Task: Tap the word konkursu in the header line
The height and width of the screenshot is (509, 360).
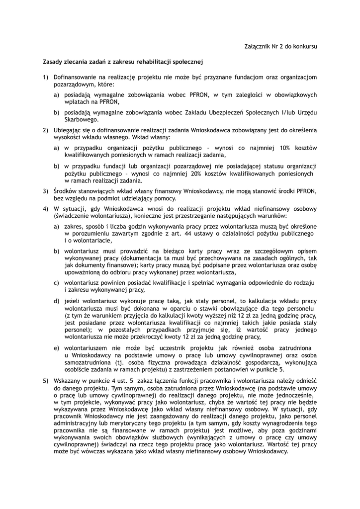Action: point(304,46)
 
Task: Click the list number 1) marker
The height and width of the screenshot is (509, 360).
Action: point(45,78)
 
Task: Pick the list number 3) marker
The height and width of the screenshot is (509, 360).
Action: point(45,191)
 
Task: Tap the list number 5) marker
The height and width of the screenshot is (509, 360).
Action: point(45,380)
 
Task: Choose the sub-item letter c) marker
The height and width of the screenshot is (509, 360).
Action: point(57,283)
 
